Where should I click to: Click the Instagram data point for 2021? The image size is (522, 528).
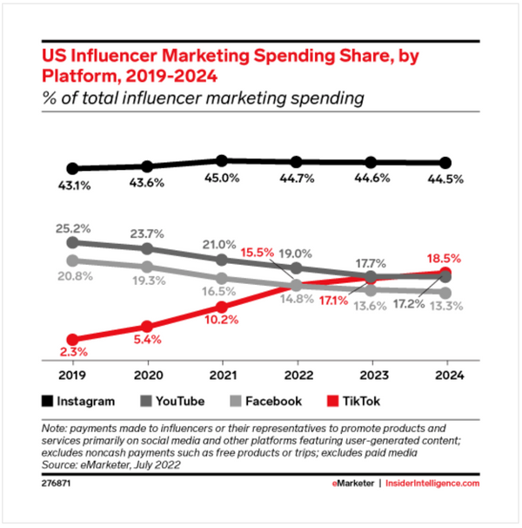pyautogui.click(x=222, y=160)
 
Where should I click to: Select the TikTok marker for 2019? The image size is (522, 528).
pyautogui.click(x=73, y=340)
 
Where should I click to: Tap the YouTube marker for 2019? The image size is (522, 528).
pyautogui.click(x=73, y=242)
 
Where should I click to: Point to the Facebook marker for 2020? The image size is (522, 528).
pyautogui.click(x=148, y=267)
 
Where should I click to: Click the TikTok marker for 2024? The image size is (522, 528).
pyautogui.click(x=446, y=272)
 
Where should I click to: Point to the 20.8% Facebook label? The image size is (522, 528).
pyautogui.click(x=73, y=275)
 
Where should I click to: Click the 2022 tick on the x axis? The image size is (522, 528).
pyautogui.click(x=297, y=376)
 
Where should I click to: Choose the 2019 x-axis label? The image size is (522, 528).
pyautogui.click(x=73, y=376)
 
